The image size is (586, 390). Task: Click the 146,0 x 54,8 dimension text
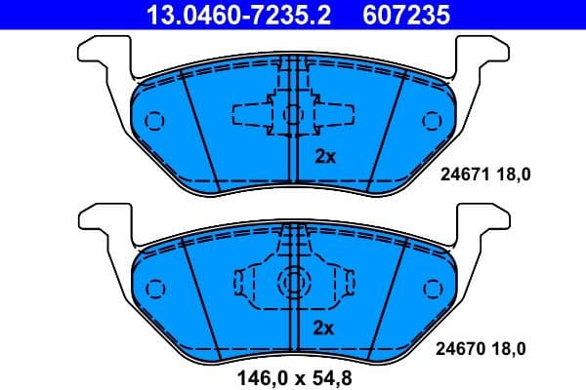(x=293, y=374)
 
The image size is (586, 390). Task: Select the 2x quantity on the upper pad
(x=323, y=156)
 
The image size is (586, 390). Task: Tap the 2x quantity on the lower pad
(x=323, y=328)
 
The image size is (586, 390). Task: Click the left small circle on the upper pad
(x=153, y=121)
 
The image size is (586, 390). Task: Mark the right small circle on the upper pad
(x=432, y=121)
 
